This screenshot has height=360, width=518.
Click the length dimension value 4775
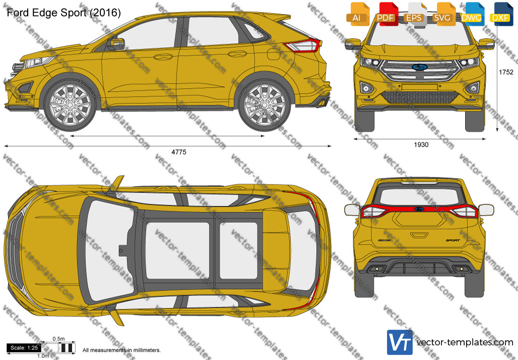tap(179, 152)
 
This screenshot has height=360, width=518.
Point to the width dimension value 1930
tap(421, 145)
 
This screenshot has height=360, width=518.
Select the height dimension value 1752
tap(506, 72)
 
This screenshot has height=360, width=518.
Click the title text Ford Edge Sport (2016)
tap(64, 13)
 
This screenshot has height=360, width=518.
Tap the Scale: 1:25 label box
tap(24, 348)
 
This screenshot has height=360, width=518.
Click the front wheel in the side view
tap(70, 105)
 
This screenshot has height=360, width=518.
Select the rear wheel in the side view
tap(264, 105)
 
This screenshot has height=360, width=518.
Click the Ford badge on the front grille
tap(420, 67)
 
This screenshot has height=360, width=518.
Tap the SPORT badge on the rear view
tap(452, 241)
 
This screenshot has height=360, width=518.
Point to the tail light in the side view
tap(303, 45)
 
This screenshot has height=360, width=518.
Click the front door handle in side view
tap(163, 56)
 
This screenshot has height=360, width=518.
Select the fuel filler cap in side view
tap(274, 54)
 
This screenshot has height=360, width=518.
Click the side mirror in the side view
tap(117, 43)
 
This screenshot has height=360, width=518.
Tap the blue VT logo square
tap(400, 342)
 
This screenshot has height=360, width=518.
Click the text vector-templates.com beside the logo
tap(465, 342)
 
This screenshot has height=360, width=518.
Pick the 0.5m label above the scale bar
tap(58, 339)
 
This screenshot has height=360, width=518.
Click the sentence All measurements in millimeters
tap(121, 350)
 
